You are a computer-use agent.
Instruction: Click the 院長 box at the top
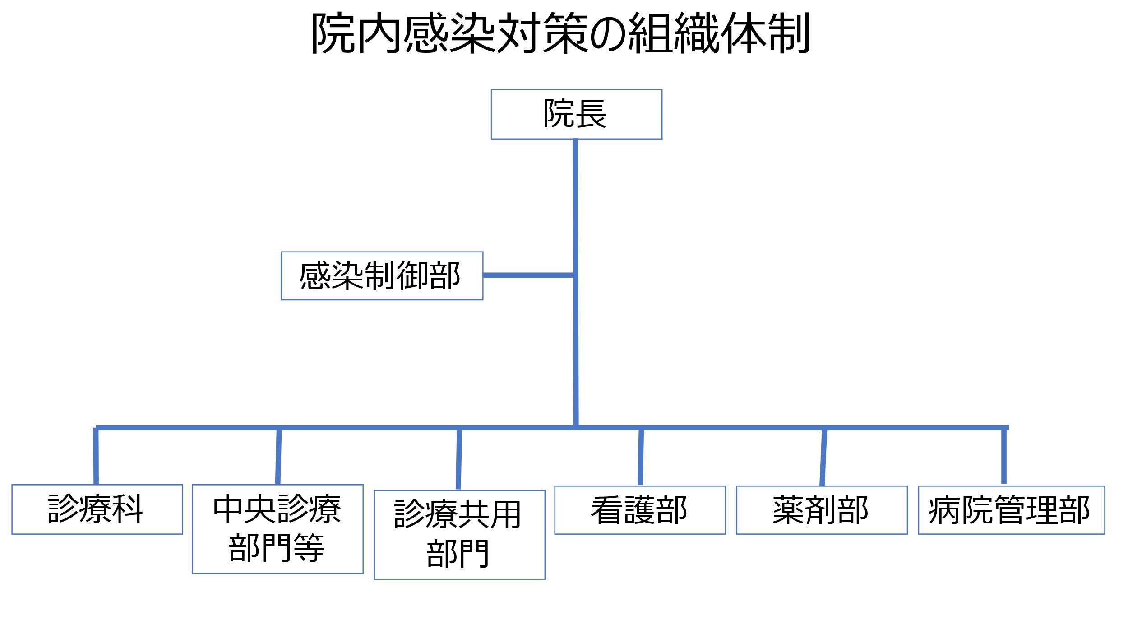coord(576,114)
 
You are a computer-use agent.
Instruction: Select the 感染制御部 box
coord(382,276)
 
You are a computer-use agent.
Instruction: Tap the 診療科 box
coord(97,509)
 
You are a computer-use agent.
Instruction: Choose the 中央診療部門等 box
coord(277,529)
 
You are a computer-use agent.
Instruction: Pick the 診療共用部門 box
coord(459,535)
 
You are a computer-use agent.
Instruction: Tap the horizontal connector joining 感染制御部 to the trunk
coord(528,275)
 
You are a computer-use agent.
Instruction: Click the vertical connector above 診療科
coord(96,456)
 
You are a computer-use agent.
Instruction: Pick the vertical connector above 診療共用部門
coord(459,458)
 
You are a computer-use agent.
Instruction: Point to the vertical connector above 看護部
coord(641,457)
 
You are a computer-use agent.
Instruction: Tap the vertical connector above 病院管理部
coord(1004,456)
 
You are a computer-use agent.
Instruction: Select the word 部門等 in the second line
coord(277,548)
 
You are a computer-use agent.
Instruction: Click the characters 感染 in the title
coord(449,33)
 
